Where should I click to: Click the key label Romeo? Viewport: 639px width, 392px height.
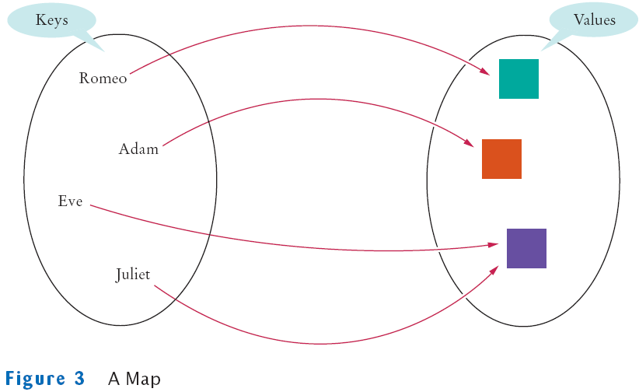pos(103,79)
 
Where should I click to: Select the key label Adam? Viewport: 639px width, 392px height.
pos(138,149)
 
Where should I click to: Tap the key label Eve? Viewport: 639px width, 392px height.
pos(70,201)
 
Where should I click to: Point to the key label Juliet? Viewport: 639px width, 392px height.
pos(133,275)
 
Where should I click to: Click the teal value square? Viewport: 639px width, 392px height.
pos(519,79)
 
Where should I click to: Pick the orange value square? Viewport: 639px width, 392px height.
pos(501,159)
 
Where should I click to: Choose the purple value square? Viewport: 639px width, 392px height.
pos(526,248)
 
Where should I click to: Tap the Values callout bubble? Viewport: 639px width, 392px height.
pos(593,21)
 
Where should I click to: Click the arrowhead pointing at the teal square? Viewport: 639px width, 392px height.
pos(487,73)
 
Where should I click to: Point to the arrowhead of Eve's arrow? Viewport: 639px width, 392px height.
pos(494,244)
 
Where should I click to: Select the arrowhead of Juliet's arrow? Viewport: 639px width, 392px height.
pos(494,268)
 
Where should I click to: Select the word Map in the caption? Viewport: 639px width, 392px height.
pos(146,380)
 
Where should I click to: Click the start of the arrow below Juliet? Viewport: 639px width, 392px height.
pos(155,287)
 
